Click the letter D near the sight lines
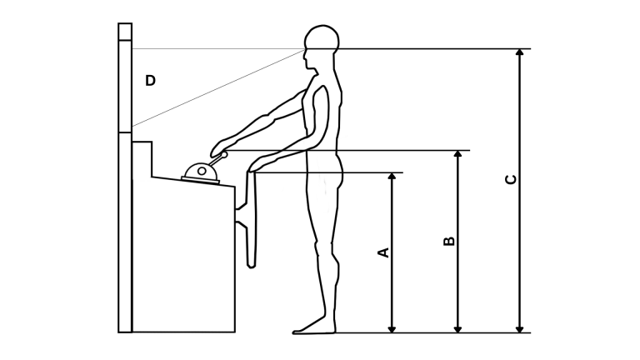150,80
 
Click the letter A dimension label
384,252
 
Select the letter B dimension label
449,241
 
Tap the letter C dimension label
511,180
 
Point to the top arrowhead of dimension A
392,176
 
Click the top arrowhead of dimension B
458,154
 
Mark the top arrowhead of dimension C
520,52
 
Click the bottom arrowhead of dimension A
392,329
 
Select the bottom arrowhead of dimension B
458,329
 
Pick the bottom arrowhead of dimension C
520,329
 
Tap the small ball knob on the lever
224,155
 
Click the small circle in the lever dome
202,171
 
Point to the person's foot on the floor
313,327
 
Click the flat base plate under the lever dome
200,180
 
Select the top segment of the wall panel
125,32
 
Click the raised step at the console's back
142,159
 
